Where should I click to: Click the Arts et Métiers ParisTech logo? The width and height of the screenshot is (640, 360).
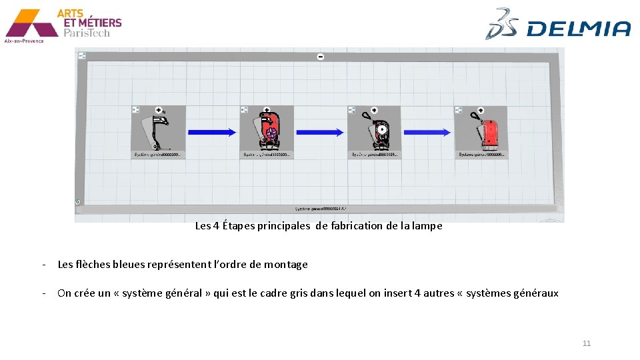(63, 25)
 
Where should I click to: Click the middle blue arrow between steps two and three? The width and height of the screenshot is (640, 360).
(320, 133)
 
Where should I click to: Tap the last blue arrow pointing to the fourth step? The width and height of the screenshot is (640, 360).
(427, 133)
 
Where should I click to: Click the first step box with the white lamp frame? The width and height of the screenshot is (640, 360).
(157, 133)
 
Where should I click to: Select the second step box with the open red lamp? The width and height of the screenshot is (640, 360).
(266, 133)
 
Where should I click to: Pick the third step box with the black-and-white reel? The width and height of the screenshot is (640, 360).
(374, 133)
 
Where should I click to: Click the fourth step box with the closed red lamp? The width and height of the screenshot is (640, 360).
(481, 133)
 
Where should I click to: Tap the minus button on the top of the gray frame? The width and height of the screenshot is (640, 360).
(321, 57)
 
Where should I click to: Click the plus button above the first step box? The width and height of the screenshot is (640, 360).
(159, 109)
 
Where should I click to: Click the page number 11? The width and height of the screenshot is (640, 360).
(587, 343)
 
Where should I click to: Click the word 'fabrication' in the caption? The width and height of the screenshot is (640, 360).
(357, 226)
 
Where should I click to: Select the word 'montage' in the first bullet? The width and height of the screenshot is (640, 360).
(285, 265)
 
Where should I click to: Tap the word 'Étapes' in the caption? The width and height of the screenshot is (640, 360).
(237, 226)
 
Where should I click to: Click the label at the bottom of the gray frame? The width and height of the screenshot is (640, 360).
(320, 209)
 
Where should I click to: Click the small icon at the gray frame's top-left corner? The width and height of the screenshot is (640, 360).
(82, 55)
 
